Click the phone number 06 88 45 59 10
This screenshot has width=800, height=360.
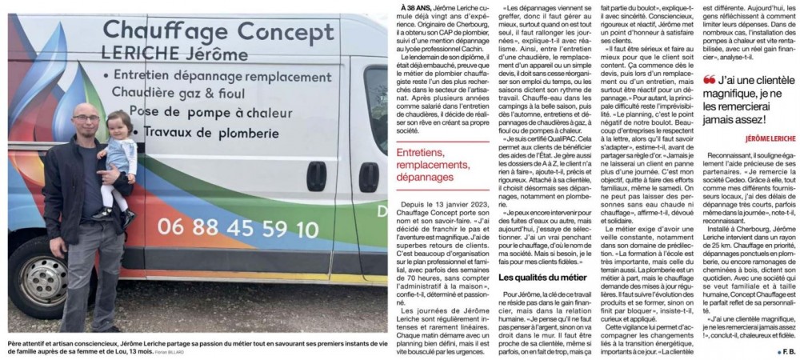(238, 229)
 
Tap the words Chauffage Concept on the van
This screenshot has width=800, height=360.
(207, 31)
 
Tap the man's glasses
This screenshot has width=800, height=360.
(86, 118)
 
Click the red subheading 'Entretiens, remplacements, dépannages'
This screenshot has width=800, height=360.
(436, 163)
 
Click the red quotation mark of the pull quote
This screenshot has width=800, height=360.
(708, 81)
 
